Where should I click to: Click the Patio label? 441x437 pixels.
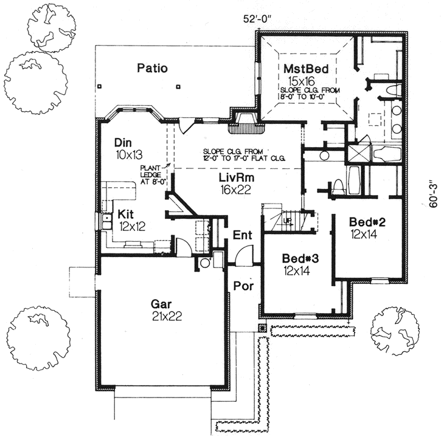tap(151, 67)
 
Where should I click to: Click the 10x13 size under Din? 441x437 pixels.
tap(127, 155)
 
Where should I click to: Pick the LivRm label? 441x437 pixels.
tap(233, 178)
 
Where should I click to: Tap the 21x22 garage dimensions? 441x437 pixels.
tap(165, 315)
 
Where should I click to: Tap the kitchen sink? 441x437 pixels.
tap(106, 221)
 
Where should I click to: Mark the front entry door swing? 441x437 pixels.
tap(243, 255)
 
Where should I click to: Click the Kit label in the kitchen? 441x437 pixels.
tap(126, 214)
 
